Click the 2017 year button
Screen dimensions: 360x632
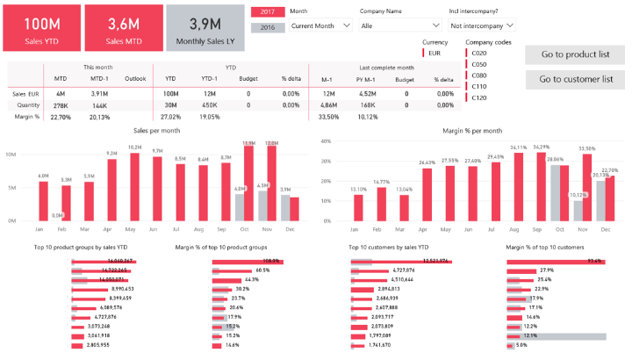(268, 12)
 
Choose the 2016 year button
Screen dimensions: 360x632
(268, 27)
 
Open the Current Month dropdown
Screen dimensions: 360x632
(320, 26)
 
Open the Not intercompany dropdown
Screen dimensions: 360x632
(482, 26)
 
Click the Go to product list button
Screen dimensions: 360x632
(575, 54)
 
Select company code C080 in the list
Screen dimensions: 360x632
(479, 75)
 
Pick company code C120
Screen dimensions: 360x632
(479, 97)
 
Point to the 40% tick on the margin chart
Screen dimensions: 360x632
(325, 140)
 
